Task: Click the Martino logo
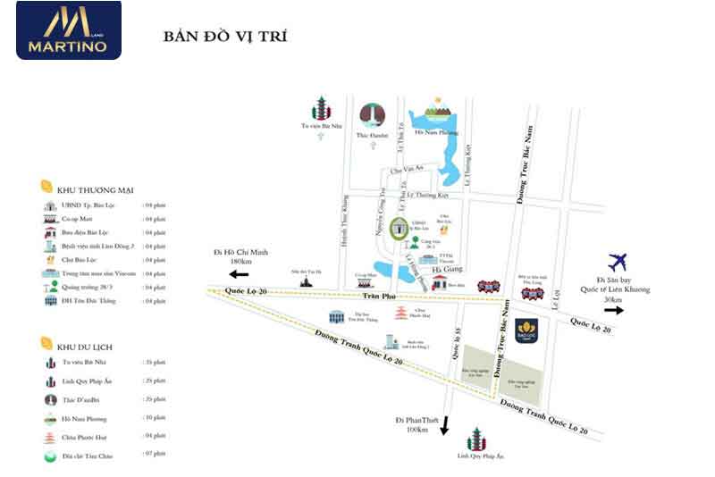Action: pos(68,30)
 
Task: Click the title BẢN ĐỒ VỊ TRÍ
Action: pos(224,38)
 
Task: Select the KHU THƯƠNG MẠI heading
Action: pos(94,189)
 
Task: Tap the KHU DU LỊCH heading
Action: pos(88,344)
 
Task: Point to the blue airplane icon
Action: pos(618,263)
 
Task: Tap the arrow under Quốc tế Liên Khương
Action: pos(616,310)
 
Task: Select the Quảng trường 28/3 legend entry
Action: pos(88,287)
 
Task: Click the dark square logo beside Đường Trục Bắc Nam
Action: pos(526,331)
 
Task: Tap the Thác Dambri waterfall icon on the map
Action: pos(372,116)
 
